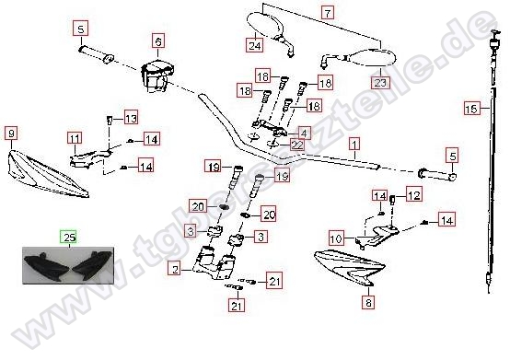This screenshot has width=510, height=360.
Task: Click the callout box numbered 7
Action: pyautogui.click(x=328, y=13)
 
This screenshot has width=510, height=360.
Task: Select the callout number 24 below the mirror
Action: pyautogui.click(x=254, y=45)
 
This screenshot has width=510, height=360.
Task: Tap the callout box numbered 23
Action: pyautogui.click(x=380, y=82)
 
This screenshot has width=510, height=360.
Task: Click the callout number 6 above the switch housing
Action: pyautogui.click(x=158, y=41)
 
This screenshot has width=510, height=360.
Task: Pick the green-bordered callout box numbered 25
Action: pyautogui.click(x=70, y=238)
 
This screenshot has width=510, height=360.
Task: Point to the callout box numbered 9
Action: pyautogui.click(x=11, y=134)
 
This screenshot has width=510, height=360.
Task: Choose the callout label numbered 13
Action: pyautogui.click(x=131, y=118)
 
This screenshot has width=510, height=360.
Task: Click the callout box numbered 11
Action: pyautogui.click(x=75, y=139)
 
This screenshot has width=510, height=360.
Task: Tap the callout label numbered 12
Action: pyautogui.click(x=413, y=195)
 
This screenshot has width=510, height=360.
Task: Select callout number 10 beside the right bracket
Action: pyautogui.click(x=336, y=238)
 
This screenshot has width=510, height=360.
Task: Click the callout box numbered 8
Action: pyautogui.click(x=368, y=303)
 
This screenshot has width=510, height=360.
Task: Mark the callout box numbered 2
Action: pyautogui.click(x=175, y=269)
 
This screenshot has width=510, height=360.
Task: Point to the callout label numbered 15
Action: pyautogui.click(x=472, y=109)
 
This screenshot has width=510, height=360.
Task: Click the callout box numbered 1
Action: pyautogui.click(x=354, y=143)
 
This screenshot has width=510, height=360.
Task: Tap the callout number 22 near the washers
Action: pyautogui.click(x=296, y=145)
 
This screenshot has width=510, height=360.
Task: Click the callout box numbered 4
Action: pyautogui.click(x=304, y=133)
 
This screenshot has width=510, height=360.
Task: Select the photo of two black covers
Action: pyautogui.click(x=68, y=265)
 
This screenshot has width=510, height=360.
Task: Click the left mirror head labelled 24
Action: pyautogui.click(x=264, y=26)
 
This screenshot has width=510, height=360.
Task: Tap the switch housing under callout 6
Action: pyautogui.click(x=157, y=77)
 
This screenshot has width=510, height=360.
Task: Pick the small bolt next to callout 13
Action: pyautogui.click(x=110, y=121)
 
